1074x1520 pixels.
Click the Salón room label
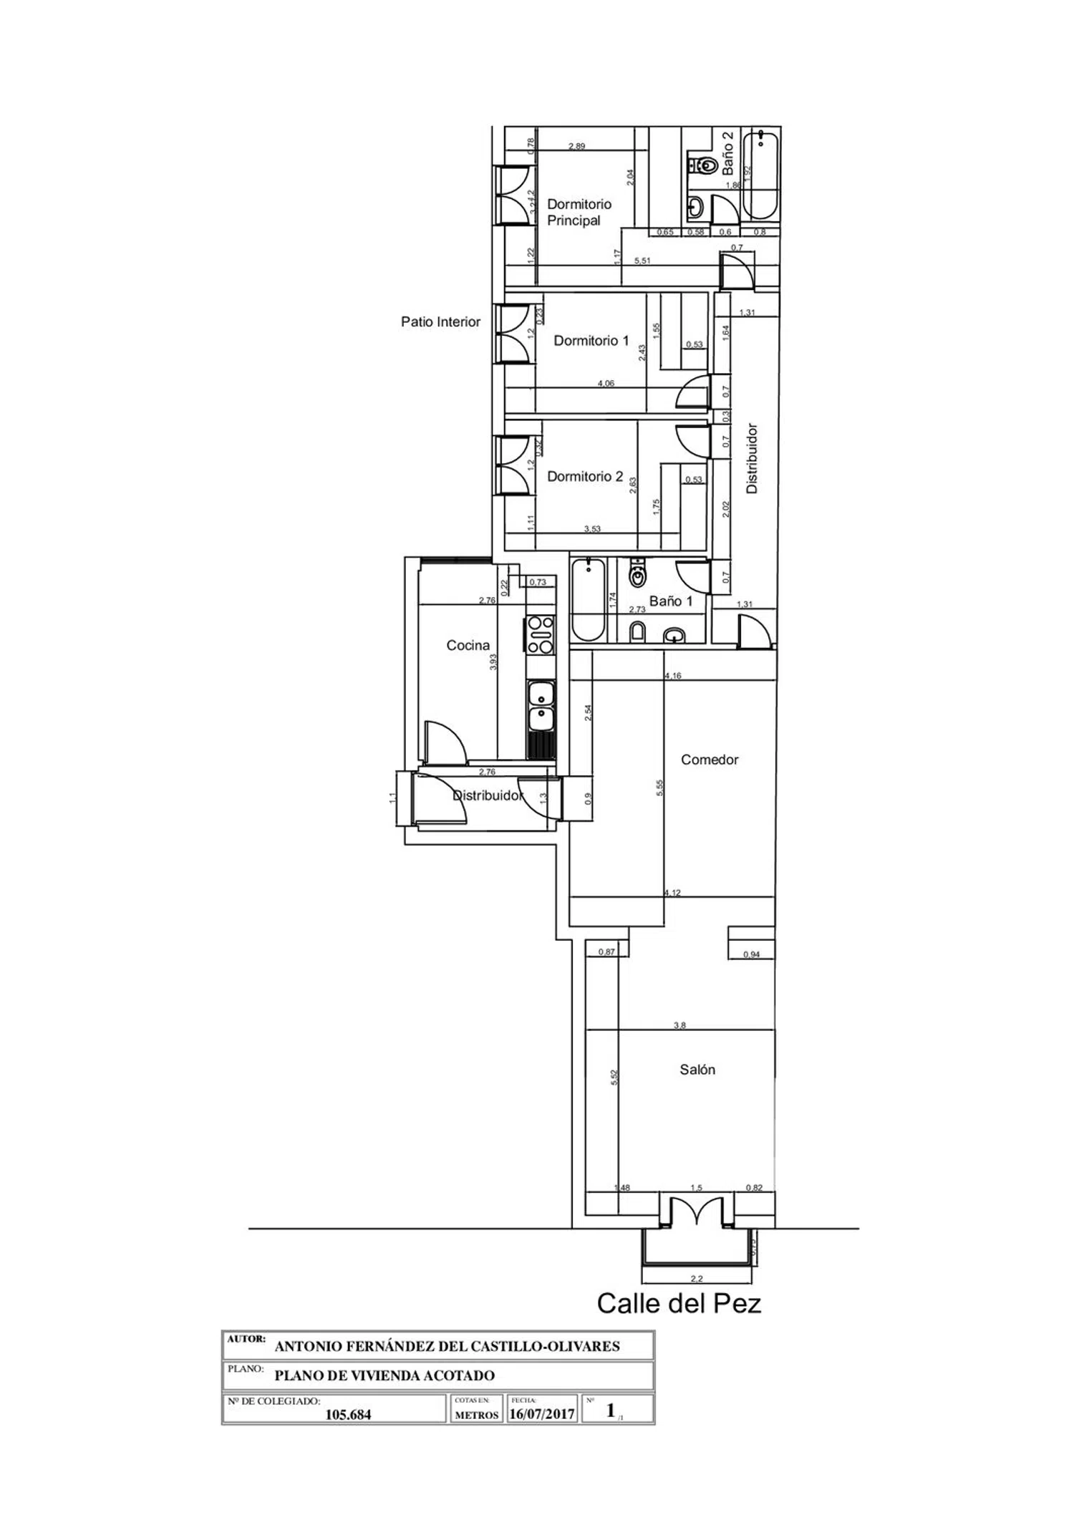point(697,1070)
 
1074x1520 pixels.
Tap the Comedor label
point(709,760)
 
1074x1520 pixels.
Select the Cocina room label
point(468,645)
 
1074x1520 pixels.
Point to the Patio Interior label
point(440,322)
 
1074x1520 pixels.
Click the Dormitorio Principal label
point(579,212)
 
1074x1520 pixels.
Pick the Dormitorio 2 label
point(584,476)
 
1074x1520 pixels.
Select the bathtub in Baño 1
point(589,600)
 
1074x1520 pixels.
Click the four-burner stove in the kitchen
point(541,635)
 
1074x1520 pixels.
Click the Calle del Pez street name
point(679,1303)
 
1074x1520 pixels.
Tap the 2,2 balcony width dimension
point(696,1279)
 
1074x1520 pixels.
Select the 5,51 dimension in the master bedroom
point(642,261)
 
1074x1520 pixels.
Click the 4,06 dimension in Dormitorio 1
point(606,383)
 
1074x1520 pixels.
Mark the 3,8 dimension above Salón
point(679,1025)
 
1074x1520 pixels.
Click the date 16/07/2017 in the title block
point(542,1414)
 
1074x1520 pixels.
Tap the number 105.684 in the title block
point(348,1414)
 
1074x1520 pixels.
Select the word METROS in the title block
point(476,1415)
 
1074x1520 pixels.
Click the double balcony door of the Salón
point(696,1211)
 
